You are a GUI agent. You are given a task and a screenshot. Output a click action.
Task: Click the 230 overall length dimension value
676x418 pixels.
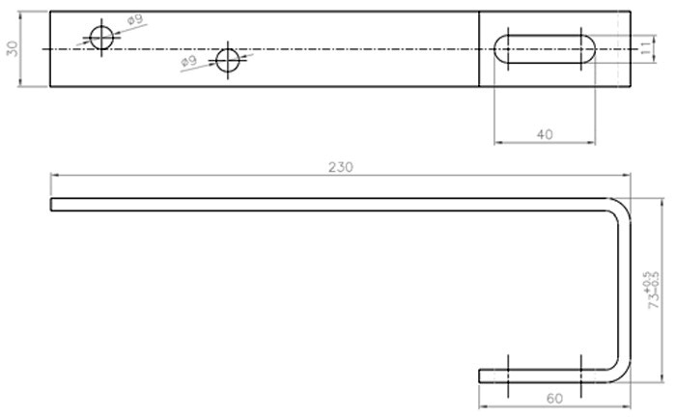tap(340, 166)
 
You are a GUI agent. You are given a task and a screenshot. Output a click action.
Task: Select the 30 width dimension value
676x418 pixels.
tap(13, 49)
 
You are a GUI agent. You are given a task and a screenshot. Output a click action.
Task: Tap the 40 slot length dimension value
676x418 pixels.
tap(544, 134)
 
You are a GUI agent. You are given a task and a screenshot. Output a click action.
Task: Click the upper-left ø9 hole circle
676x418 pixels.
tap(99, 38)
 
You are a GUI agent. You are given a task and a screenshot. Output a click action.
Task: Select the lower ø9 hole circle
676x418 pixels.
tap(228, 60)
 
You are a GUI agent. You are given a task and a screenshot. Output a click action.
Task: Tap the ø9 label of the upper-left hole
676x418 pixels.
tap(134, 19)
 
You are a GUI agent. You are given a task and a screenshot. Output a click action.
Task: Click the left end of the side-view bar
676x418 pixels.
tap(52, 204)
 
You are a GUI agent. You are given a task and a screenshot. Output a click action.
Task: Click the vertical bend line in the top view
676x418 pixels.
tap(480, 49)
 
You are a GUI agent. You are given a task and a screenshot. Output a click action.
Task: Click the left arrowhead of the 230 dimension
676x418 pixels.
tap(55, 175)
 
